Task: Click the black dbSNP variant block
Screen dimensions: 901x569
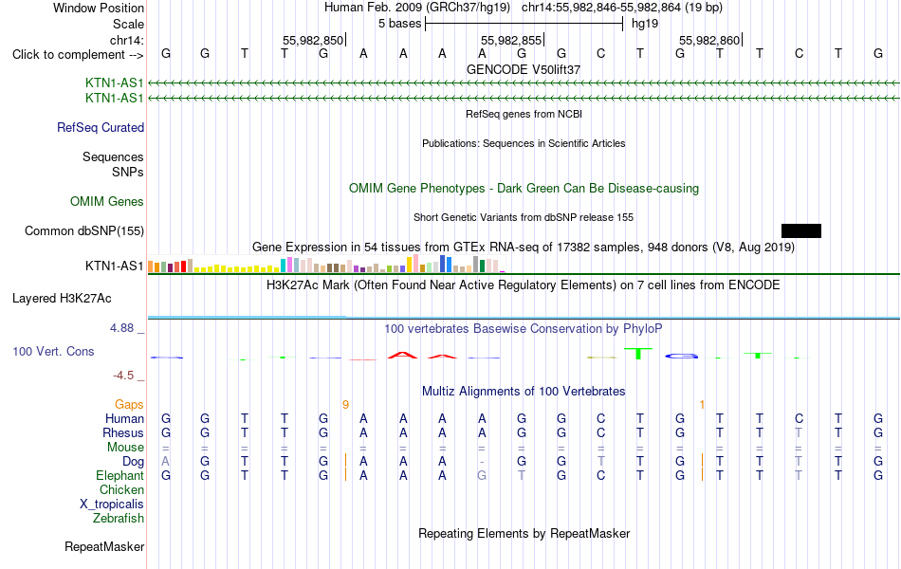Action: pos(801,231)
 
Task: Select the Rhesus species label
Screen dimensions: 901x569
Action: pos(123,432)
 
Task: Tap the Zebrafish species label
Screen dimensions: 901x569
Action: pos(119,519)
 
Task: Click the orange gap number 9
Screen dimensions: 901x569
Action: pos(345,405)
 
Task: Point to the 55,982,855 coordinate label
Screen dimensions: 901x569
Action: pos(511,40)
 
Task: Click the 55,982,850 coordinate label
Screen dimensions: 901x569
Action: pos(313,40)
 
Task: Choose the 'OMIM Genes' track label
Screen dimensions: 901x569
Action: pos(107,202)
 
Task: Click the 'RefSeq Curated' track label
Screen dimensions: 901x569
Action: pos(101,128)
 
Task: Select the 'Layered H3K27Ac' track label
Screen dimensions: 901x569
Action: pos(62,299)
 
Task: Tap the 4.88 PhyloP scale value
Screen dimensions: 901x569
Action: pos(121,328)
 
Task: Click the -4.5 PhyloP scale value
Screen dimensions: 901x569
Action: pos(123,376)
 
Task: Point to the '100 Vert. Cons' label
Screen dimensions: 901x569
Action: pos(53,351)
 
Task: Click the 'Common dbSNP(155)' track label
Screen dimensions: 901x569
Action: pos(84,231)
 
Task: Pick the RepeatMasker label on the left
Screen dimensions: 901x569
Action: pos(104,546)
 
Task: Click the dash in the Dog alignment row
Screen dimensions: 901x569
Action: pos(482,462)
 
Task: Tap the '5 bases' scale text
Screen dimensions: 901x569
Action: pos(400,24)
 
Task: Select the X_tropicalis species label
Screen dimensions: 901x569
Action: pos(112,505)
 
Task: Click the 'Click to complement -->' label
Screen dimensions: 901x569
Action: pos(78,55)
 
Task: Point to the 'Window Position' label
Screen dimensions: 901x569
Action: pos(99,8)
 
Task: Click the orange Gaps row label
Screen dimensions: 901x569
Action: pos(129,405)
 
